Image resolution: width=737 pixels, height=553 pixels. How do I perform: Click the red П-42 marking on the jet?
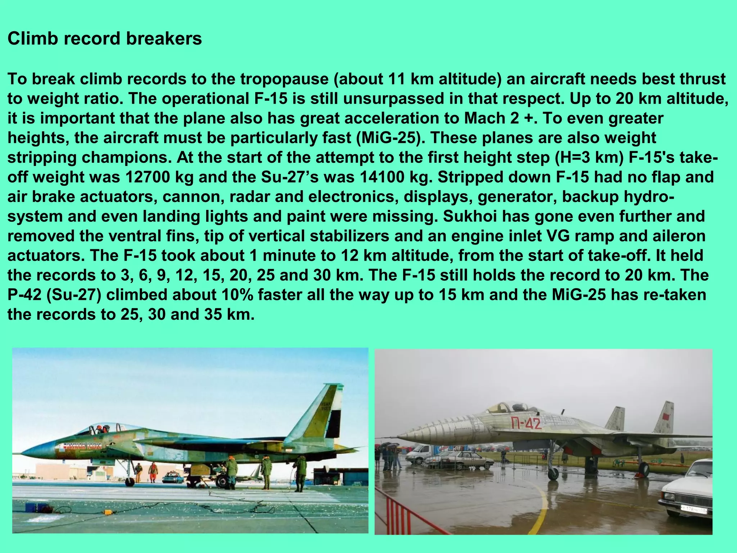[x=526, y=423]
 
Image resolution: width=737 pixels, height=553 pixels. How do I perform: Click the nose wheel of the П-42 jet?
[x=552, y=475]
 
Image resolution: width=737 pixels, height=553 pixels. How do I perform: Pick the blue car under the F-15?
[x=173, y=478]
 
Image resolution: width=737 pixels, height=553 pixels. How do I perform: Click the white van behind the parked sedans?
[x=424, y=453]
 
